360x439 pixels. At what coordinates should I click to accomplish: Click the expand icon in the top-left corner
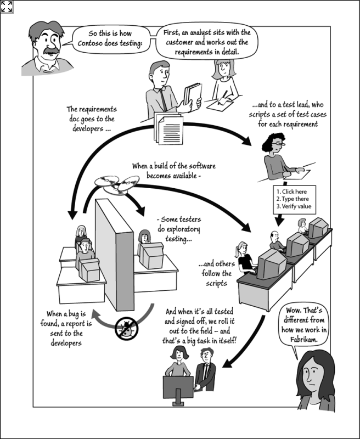coord(7,7)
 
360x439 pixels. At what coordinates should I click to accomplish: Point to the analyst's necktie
coord(163,99)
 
